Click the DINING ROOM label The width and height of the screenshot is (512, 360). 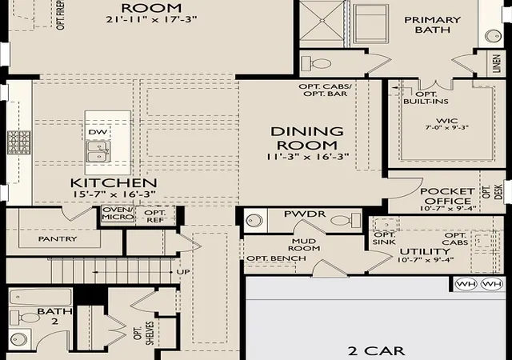pos(307,138)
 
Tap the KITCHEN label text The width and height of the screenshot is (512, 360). pos(114,183)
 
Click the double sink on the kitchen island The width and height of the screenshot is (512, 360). pos(98,151)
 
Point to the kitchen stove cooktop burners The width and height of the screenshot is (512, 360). pos(19,142)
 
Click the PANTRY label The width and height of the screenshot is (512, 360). pos(58,239)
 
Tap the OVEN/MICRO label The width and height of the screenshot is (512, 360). pos(118,213)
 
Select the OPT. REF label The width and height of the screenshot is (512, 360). pos(155,216)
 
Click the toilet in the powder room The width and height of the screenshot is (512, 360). pos(346,220)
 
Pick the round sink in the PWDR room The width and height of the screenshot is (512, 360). pos(254,220)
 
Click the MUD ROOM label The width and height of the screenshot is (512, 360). pos(304,245)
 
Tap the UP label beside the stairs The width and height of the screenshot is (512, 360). pos(183,272)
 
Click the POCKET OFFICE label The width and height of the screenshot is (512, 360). pos(447,196)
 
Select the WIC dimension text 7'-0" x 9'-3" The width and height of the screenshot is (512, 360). pos(447,128)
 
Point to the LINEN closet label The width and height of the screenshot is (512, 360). pos(496,64)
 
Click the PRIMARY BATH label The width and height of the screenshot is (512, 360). pos(432,25)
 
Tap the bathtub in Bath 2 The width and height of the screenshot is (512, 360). pos(41,298)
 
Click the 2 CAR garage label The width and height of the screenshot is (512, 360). pos(376,351)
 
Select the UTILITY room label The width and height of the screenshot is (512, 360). pos(425,251)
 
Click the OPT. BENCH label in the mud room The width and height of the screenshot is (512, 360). pos(276,258)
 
